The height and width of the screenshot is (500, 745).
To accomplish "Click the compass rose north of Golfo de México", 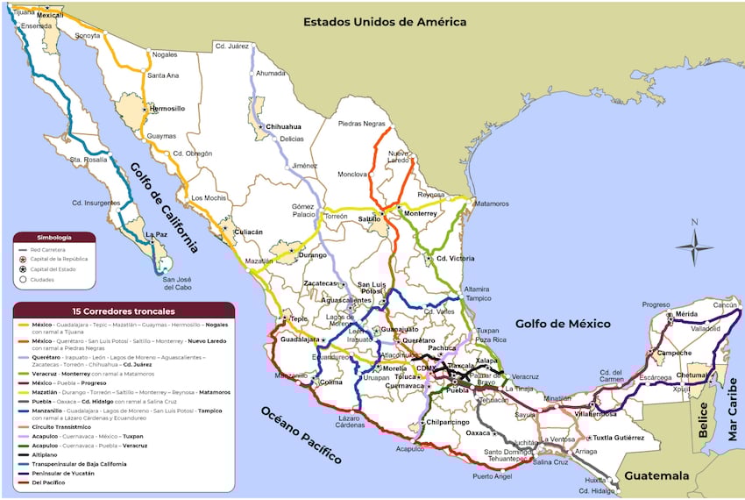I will point(694,246).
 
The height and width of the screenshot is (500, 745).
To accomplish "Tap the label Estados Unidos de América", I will point(384,22).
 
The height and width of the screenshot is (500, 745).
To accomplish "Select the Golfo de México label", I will point(562,324).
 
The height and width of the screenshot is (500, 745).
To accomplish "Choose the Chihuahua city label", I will point(289,126).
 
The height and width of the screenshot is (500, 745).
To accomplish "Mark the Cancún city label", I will point(724,305).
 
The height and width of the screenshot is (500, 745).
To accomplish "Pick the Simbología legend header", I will point(54,237).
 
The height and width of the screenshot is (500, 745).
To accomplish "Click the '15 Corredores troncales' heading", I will point(124,311).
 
